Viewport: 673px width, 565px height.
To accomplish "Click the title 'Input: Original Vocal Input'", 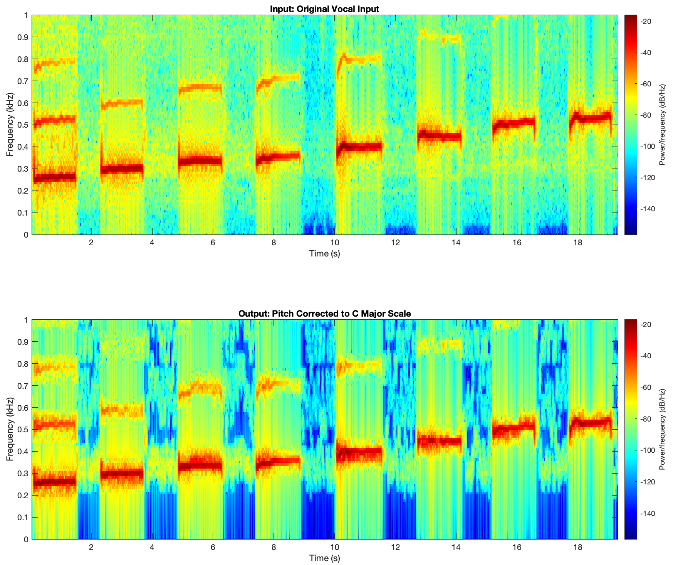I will pos(324,9).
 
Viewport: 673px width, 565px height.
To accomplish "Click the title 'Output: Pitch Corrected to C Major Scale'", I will pos(324,314).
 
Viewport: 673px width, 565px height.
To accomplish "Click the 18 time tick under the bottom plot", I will pos(577,547).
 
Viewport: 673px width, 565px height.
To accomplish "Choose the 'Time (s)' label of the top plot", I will pos(324,253).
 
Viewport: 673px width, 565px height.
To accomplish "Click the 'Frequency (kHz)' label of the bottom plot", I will pos(10,429).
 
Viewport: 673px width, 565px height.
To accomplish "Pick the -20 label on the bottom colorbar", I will pos(647,325).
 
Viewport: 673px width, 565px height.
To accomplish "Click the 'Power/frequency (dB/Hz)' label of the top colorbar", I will pos(662,125).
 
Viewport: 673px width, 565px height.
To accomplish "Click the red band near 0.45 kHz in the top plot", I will pos(439,136).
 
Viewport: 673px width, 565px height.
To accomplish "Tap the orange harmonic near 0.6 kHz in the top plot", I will pos(122,103).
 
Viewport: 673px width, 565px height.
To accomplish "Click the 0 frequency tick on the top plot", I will pos(26,234).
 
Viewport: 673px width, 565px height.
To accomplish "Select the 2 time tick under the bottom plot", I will pos(91,547).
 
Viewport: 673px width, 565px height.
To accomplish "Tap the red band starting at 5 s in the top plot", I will pos(200,160).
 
